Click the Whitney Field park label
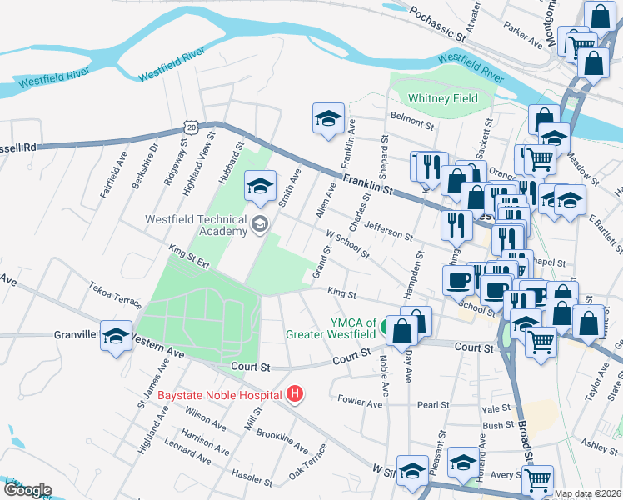[442, 98]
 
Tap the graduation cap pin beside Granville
[116, 336]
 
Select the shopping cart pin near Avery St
[538, 480]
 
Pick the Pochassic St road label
[436, 25]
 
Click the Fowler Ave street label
[360, 402]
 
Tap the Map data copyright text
[587, 493]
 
